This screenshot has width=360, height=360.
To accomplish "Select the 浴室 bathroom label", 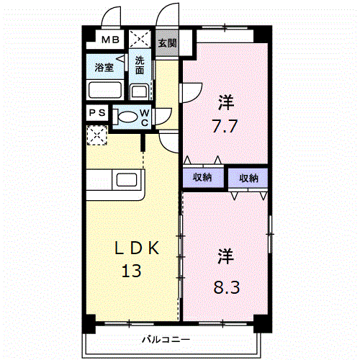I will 104,68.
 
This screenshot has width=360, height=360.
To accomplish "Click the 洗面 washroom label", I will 140,66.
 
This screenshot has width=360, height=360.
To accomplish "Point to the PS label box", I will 96,113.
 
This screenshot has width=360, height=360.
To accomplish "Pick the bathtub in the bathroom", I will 105,91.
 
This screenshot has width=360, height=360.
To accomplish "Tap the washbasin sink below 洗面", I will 139,91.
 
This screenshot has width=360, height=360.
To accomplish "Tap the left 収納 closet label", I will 202,178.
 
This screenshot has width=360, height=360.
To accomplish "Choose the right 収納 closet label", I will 249,178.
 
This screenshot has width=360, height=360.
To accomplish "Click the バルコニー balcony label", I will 166,339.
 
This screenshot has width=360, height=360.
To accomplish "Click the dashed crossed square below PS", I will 96,135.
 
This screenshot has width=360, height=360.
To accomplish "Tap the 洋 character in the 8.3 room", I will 225,256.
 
